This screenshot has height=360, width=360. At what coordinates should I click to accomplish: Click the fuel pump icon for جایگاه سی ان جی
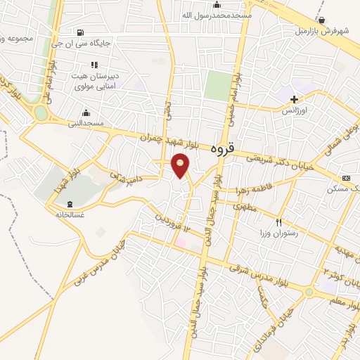click(x=81, y=32)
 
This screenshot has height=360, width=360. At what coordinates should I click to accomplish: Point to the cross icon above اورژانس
click(x=295, y=99)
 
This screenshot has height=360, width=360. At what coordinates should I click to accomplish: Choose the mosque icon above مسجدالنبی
click(x=86, y=112)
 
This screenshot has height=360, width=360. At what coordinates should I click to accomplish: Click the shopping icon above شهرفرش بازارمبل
click(x=321, y=20)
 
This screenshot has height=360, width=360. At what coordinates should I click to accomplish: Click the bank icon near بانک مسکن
click(x=345, y=179)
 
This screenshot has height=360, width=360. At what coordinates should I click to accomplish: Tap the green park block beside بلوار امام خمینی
click(x=219, y=85)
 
